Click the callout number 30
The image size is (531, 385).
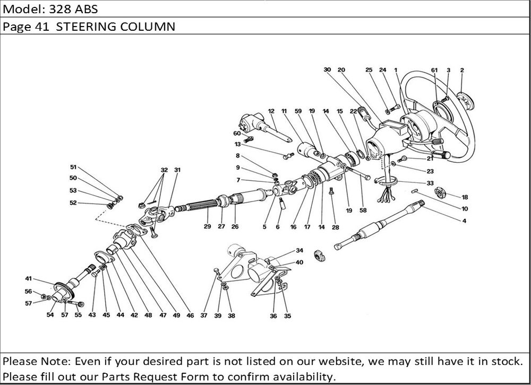point(327,69)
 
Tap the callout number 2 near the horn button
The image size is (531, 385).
point(462,69)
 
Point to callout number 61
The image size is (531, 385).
point(434,69)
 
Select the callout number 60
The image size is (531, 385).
point(237,133)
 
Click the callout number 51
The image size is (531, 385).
point(73,166)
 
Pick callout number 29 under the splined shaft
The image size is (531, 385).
point(207,226)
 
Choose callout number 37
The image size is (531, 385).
point(204,316)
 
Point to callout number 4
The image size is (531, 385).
point(464,220)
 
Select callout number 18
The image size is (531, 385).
point(465,197)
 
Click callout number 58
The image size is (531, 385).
point(364,211)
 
